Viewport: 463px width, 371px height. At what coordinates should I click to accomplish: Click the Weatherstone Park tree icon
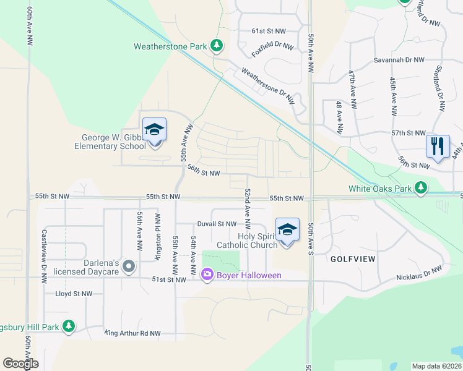point(216,45)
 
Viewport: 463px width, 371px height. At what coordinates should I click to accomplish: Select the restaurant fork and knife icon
point(438,147)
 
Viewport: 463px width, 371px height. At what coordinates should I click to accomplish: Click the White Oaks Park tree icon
point(421,187)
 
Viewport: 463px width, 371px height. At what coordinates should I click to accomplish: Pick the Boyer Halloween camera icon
point(207,274)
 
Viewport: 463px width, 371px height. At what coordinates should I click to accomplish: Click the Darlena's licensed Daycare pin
point(129,267)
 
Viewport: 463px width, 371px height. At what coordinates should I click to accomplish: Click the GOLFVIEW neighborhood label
point(353,258)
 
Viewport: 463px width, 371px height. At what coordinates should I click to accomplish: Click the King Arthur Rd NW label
point(132,333)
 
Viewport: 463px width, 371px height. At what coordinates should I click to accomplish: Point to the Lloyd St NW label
point(74,294)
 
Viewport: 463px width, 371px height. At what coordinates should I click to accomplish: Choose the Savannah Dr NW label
point(399,60)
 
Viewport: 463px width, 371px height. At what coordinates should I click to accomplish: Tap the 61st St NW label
point(269,30)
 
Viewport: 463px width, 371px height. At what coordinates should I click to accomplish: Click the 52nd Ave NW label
point(247,210)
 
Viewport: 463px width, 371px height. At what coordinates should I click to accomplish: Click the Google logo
point(20,364)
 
